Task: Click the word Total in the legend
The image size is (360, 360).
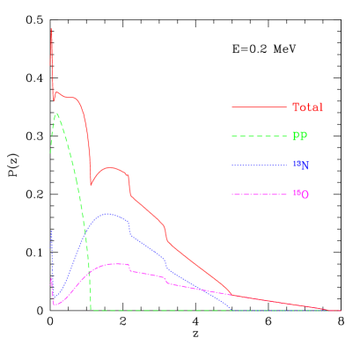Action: (x=307, y=107)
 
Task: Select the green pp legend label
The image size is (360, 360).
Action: (x=300, y=136)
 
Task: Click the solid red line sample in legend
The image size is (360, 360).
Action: (x=260, y=107)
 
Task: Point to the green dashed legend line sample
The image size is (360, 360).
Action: (x=260, y=136)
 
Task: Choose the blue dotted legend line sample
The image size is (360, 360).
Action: (x=260, y=165)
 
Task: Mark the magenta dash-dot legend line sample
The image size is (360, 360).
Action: (x=260, y=194)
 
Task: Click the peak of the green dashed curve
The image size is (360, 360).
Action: (x=57, y=113)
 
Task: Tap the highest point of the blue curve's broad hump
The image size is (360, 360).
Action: (x=108, y=213)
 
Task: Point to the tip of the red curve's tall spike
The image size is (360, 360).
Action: (x=51, y=28)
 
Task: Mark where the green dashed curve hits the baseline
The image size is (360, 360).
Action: (x=92, y=310)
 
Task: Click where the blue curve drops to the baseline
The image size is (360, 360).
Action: (x=232, y=310)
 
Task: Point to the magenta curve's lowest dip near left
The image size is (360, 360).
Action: (x=55, y=305)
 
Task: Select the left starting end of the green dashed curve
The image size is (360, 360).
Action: (x=50, y=153)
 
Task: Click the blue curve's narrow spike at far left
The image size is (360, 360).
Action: (x=51, y=231)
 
